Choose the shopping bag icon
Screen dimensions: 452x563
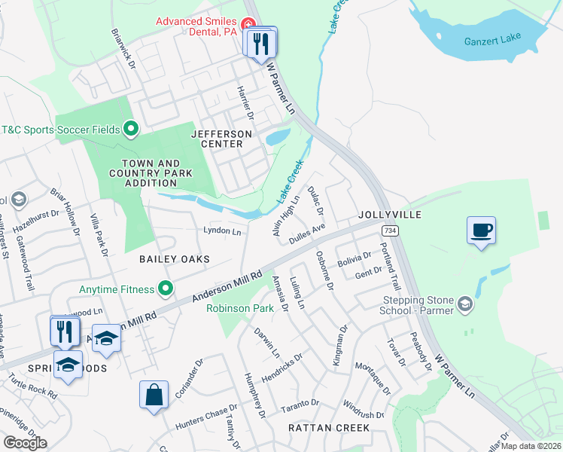point(154,395)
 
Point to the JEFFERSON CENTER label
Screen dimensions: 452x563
point(217,139)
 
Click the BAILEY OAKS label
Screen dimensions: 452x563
point(174,258)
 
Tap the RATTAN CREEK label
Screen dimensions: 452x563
point(329,427)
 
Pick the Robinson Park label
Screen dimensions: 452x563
point(241,308)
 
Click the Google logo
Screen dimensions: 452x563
point(25,443)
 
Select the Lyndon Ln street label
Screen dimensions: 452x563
point(222,231)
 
